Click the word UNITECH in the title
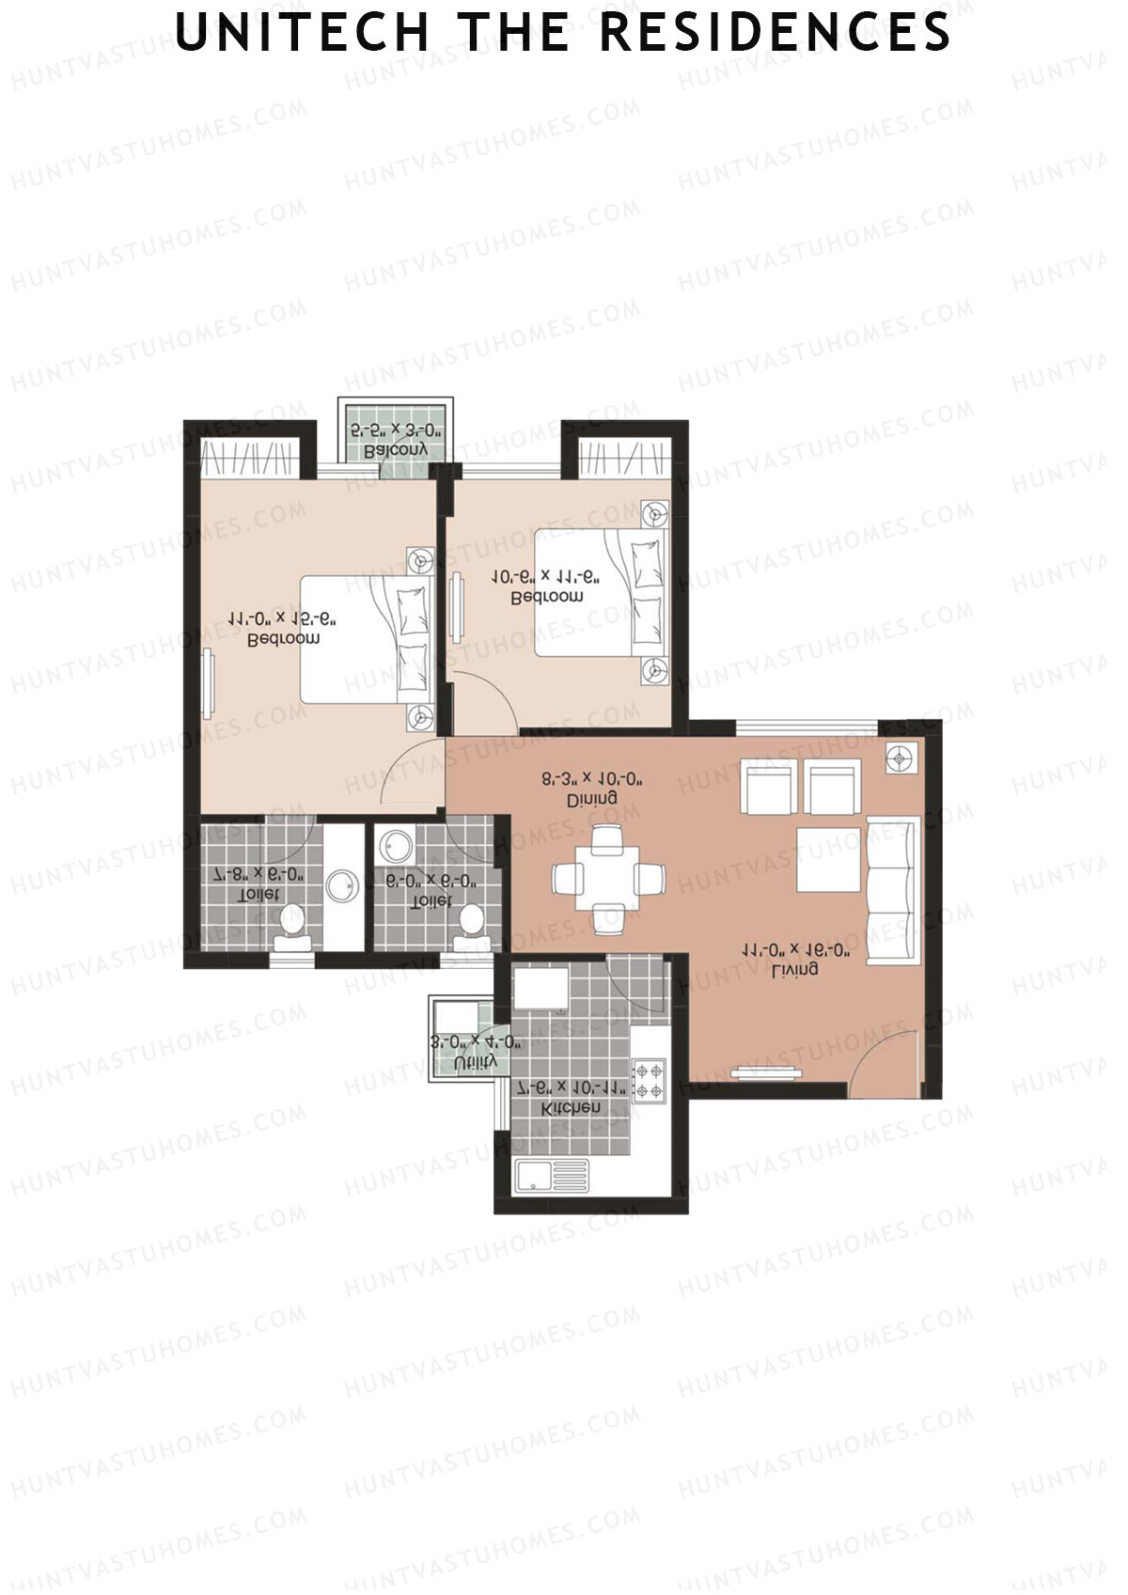pyautogui.click(x=301, y=33)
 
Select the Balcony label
pyautogui.click(x=396, y=450)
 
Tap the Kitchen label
pyautogui.click(x=572, y=1108)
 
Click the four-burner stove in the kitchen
pyautogui.click(x=649, y=1079)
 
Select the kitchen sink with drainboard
pyautogui.click(x=551, y=1176)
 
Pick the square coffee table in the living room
pyautogui.click(x=828, y=859)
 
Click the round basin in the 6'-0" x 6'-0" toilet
pyautogui.click(x=393, y=845)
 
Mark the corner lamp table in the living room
pyautogui.click(x=901, y=758)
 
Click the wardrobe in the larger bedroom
pyautogui.click(x=250, y=458)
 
